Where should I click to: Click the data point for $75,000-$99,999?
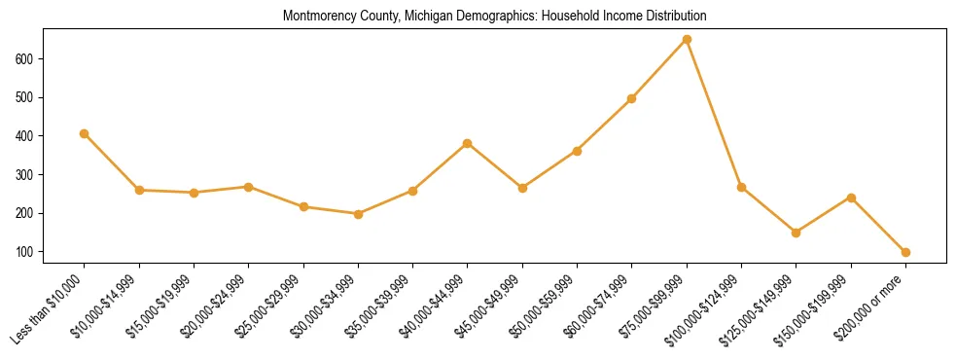point(687,39)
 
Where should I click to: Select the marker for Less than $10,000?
point(85,133)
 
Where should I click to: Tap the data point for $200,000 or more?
point(905,252)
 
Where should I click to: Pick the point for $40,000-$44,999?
point(468,143)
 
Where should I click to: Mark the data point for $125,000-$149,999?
point(797,233)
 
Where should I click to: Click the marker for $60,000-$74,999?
point(632,98)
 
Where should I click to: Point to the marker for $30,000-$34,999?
point(358,214)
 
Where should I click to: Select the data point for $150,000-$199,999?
point(851,198)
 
